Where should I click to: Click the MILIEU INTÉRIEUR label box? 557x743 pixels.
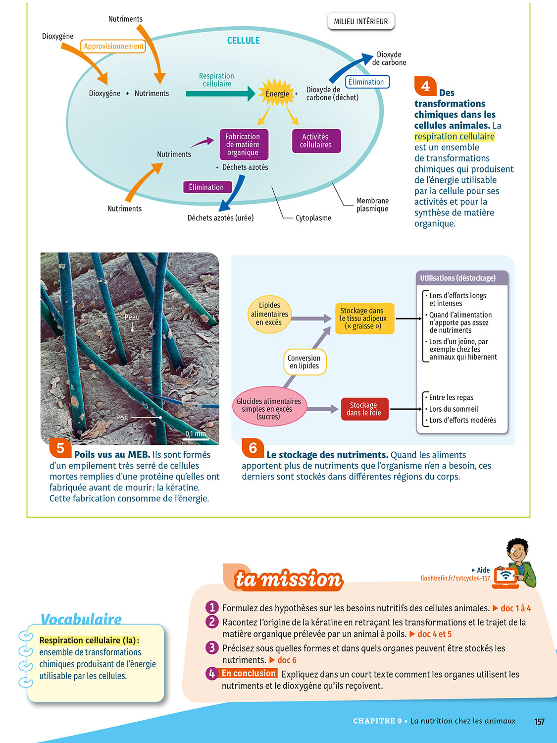click(360, 21)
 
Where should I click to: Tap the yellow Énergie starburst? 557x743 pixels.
click(277, 93)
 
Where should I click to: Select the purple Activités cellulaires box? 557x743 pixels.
click(316, 141)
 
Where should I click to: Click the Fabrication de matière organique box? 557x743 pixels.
click(243, 144)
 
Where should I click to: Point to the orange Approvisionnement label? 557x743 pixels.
click(113, 46)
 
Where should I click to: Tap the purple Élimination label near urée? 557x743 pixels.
click(206, 187)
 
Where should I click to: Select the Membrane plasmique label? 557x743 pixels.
click(372, 205)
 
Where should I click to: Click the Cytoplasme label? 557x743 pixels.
click(313, 218)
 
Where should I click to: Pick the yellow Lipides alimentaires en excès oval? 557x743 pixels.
click(269, 314)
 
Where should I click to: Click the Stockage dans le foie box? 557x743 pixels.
click(364, 409)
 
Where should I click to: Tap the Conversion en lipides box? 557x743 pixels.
click(304, 362)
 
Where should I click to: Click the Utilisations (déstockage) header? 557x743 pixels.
click(457, 278)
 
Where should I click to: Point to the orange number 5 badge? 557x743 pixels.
click(60, 448)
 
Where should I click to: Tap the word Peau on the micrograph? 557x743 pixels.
click(132, 317)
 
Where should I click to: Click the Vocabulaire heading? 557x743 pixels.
click(81, 619)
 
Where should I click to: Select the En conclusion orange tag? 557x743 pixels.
click(249, 673)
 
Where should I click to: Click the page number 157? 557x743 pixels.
click(539, 722)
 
